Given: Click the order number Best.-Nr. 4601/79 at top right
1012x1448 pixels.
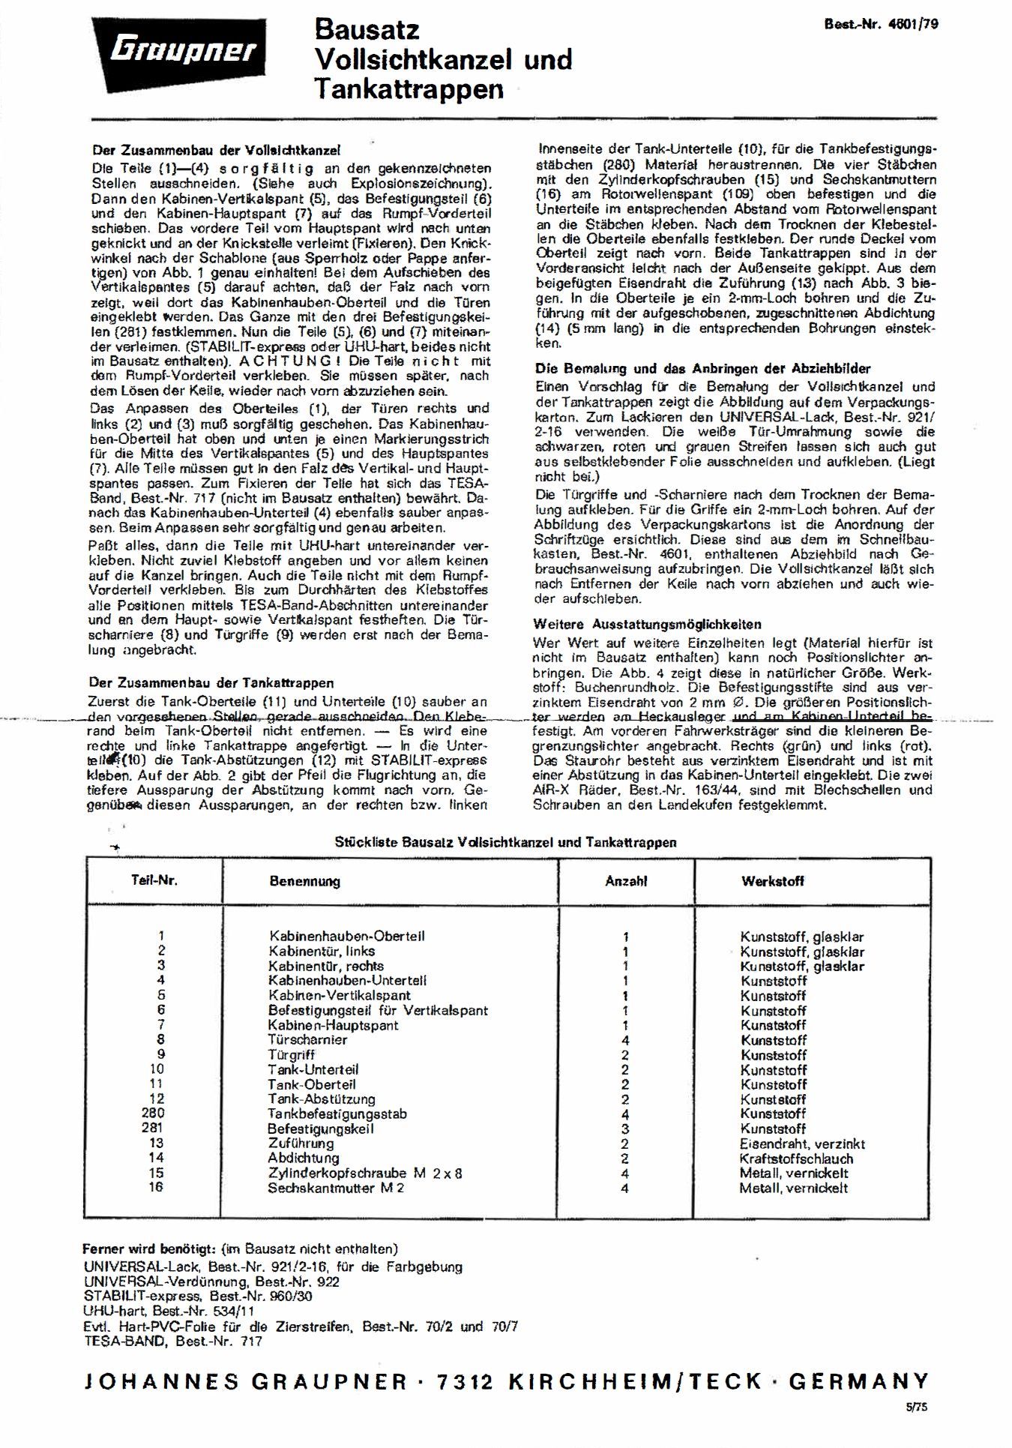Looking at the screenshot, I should (881, 23).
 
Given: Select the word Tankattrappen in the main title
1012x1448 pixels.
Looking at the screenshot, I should (409, 88).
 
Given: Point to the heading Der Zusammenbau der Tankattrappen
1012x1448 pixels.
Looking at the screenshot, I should (211, 682).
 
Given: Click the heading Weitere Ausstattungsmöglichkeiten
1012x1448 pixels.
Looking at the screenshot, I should (647, 624).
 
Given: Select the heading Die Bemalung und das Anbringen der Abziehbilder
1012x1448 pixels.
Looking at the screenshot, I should (702, 368).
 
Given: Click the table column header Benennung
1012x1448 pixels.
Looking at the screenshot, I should (304, 881).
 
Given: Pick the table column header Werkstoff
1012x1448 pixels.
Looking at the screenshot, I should (772, 881).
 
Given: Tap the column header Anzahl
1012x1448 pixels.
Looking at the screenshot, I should (626, 881).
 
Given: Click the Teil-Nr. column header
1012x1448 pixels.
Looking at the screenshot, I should (154, 880).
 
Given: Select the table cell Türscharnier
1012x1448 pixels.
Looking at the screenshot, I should (307, 1039).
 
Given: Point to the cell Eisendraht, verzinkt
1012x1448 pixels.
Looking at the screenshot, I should (802, 1144).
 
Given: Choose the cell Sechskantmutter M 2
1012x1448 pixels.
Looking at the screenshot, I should (335, 1188).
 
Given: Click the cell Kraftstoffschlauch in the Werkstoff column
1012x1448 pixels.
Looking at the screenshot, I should (795, 1159).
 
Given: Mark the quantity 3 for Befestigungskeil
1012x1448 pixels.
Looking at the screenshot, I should (625, 1129).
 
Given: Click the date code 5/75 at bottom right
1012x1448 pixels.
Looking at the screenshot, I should (916, 1408).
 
